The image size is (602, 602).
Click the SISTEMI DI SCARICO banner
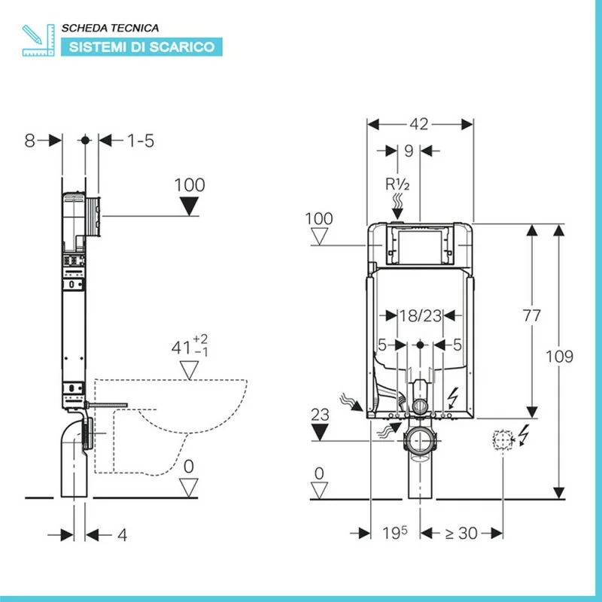(142, 47)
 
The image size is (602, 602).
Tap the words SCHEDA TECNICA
(111, 28)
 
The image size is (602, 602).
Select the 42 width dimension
(419, 125)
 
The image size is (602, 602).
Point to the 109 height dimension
(560, 356)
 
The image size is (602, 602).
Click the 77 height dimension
(531, 315)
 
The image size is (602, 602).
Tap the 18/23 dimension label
(419, 315)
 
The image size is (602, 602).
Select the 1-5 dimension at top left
(141, 140)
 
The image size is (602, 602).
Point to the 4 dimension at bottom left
(123, 535)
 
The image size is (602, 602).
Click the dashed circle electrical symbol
(500, 439)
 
